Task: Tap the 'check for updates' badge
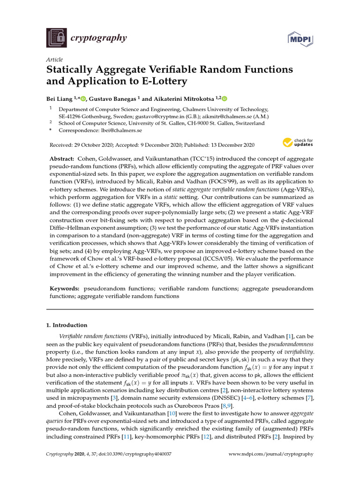pos(297,142)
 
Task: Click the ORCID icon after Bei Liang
pos(83,99)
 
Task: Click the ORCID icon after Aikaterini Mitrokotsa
pos(224,99)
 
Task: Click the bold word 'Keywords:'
pos(65,289)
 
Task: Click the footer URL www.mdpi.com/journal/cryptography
pos(270,454)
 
